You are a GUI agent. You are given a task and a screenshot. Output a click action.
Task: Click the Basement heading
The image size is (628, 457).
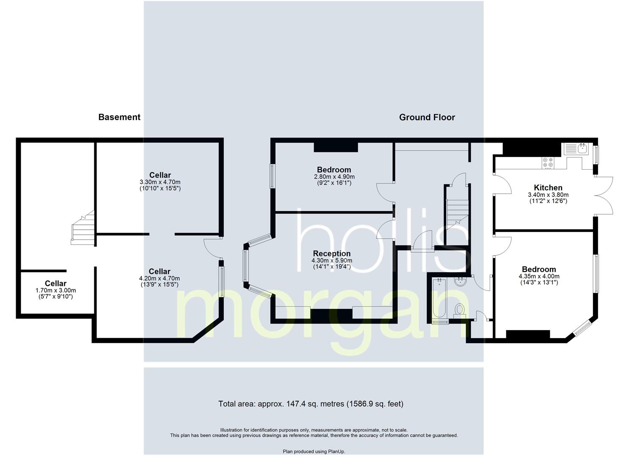tap(119, 117)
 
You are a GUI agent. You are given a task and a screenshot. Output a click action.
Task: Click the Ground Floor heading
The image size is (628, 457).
tap(427, 117)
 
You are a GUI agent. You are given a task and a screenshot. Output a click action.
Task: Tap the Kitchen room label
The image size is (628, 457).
tap(548, 187)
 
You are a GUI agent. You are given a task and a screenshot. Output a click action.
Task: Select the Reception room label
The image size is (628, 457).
tap(332, 253)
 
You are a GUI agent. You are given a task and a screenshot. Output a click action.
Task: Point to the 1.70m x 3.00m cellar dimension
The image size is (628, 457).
tap(56, 290)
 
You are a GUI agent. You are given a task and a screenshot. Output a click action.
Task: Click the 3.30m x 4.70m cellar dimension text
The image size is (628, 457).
tap(160, 182)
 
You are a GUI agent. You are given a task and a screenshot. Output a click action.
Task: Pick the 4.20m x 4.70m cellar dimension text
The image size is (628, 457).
tap(159, 278)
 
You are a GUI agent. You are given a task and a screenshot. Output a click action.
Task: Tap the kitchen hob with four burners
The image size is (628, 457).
tap(548, 163)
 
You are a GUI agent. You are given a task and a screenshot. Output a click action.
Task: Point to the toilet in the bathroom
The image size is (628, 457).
tap(459, 311)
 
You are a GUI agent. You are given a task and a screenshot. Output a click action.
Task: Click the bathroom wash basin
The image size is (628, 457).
tap(460, 282)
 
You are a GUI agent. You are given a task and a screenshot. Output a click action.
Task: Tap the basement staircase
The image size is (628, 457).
tap(83, 228)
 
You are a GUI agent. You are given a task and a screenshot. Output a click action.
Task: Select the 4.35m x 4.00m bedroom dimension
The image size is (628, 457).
tap(539, 276)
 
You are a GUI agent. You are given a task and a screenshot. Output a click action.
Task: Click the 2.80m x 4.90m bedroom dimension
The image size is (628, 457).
tap(334, 177)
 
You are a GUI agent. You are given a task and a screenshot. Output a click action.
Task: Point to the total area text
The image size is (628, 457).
tap(311, 404)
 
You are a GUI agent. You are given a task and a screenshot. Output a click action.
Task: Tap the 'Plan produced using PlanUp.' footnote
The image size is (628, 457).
tap(314, 451)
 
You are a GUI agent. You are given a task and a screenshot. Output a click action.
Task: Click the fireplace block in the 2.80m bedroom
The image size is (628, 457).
tap(336, 147)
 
